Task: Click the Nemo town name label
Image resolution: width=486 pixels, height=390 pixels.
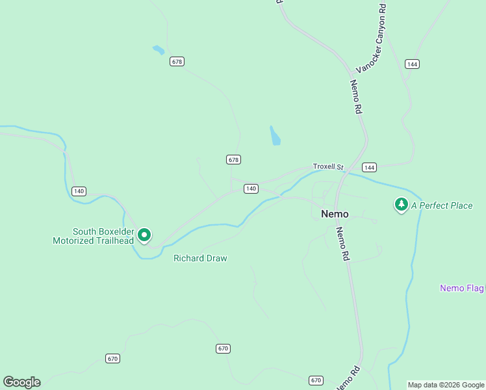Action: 335,214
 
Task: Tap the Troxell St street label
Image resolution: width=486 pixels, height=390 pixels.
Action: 328,166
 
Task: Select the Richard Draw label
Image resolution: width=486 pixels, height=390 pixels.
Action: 200,258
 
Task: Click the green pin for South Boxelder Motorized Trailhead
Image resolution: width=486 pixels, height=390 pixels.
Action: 144,235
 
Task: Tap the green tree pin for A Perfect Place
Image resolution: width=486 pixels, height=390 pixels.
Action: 402,205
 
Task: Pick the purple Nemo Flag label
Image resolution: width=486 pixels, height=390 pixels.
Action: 462,288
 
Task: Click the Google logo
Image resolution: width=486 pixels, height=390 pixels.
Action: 21,382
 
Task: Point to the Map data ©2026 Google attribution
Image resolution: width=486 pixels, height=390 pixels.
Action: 446,385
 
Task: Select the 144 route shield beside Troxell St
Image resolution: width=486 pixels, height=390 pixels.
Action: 369,167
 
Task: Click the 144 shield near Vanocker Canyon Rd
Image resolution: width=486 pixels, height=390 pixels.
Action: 411,64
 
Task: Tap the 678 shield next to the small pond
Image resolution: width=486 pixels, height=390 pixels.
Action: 177,61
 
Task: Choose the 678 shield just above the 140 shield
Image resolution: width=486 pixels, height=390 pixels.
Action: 234,159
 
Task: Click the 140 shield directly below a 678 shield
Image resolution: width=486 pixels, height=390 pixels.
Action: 251,188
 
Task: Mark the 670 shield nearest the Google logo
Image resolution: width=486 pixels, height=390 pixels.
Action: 113,358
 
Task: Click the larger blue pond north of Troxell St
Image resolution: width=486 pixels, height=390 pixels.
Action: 275,136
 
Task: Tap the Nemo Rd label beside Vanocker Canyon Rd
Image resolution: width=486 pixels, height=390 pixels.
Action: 355,97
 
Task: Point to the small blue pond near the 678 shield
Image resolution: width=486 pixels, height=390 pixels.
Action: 159,49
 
